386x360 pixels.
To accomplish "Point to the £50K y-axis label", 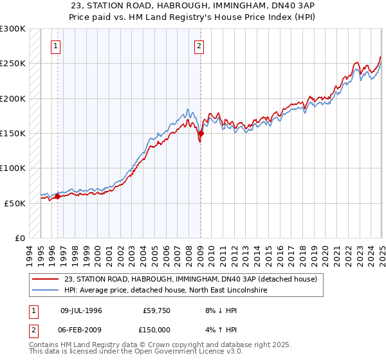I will tap(14, 203).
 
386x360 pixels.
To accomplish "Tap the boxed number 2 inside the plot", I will tap(199, 46).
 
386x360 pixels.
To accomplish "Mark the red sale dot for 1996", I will tap(57, 197).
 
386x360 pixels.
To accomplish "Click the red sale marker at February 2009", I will tap(200, 134).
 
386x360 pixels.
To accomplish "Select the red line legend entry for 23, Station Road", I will tap(190, 280).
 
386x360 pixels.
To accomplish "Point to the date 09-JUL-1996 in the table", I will tap(82, 310).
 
